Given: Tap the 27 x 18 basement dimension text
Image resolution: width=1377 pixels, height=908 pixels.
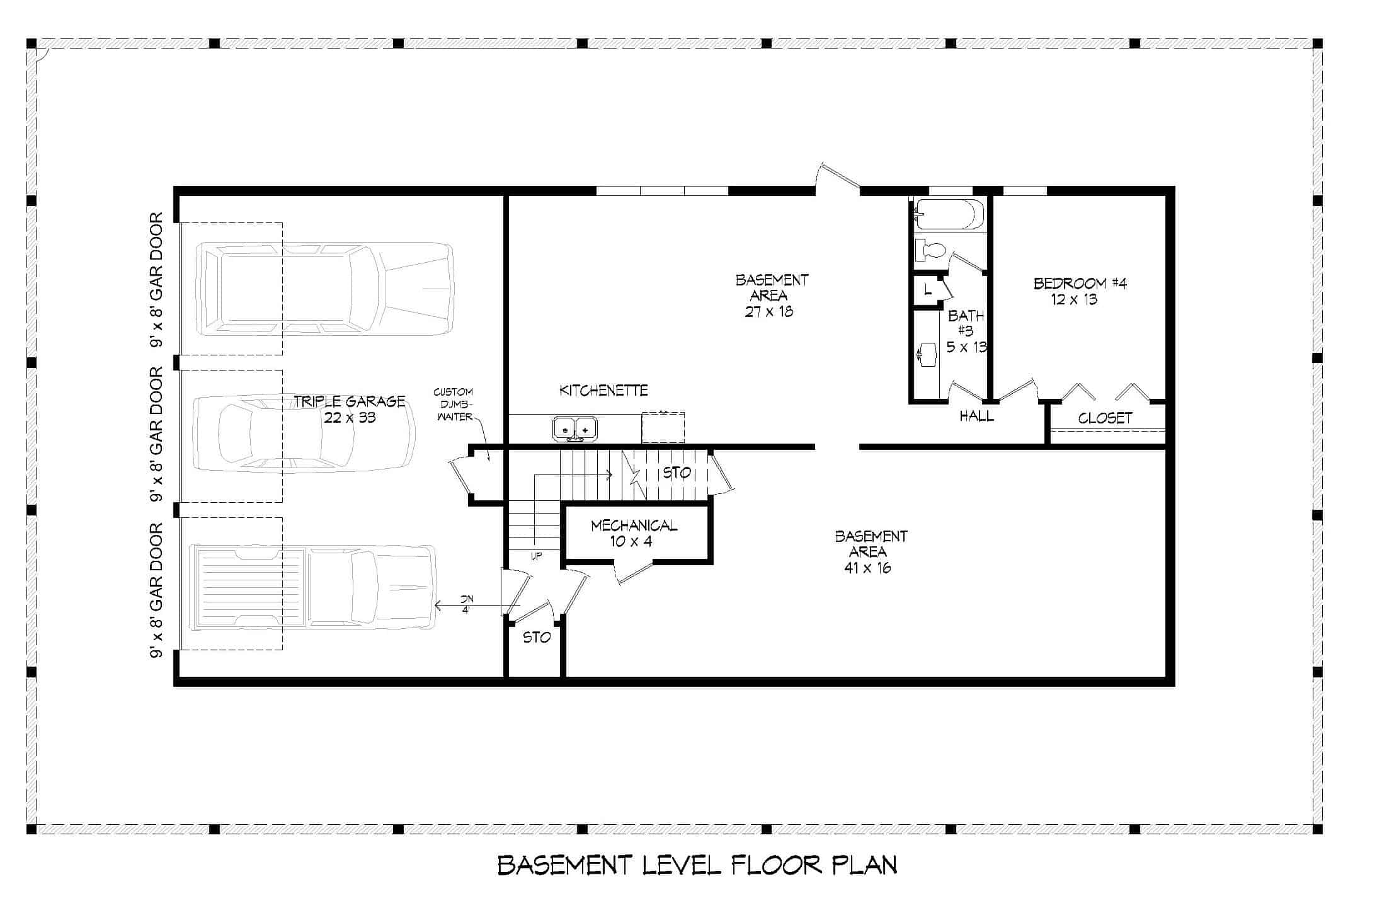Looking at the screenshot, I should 768,311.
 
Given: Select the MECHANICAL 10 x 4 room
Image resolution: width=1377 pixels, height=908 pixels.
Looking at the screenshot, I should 634,533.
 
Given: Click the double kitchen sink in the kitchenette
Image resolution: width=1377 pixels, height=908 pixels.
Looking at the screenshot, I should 574,429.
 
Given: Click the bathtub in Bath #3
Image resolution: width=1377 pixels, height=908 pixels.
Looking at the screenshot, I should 949,214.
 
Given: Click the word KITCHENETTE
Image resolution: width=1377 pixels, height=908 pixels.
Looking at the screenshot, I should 603,391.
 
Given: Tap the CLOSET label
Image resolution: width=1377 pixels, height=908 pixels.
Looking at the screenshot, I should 1105,418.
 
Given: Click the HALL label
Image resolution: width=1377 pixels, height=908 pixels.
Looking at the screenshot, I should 976,416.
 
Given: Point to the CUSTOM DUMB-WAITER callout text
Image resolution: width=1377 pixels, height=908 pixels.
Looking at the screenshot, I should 453,405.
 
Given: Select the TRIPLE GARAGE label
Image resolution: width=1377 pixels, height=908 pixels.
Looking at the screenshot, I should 350,401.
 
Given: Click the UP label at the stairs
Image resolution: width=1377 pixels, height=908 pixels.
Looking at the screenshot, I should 535,556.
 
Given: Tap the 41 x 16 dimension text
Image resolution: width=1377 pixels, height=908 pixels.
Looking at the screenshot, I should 867,568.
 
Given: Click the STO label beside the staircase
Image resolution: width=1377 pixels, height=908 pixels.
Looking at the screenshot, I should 677,473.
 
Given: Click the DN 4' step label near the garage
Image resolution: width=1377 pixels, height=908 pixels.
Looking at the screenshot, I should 466,604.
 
